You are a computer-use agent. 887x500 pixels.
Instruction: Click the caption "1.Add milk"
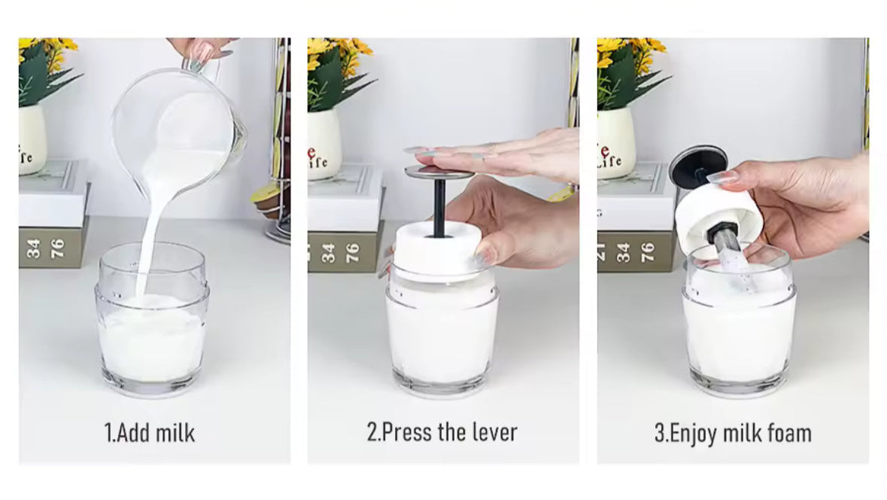click(x=150, y=433)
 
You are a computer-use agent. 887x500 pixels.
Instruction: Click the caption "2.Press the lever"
click(x=442, y=432)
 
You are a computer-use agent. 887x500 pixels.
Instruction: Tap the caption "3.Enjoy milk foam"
click(x=733, y=433)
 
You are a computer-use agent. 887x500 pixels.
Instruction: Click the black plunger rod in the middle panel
click(x=439, y=207)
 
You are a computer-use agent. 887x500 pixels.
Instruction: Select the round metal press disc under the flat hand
click(x=439, y=172)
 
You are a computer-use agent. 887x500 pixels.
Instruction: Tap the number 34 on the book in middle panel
click(x=328, y=252)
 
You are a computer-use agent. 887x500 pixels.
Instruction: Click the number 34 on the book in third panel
click(x=624, y=252)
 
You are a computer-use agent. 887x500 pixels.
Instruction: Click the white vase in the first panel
click(x=32, y=139)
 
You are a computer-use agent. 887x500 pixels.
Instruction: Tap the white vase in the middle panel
click(x=324, y=143)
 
